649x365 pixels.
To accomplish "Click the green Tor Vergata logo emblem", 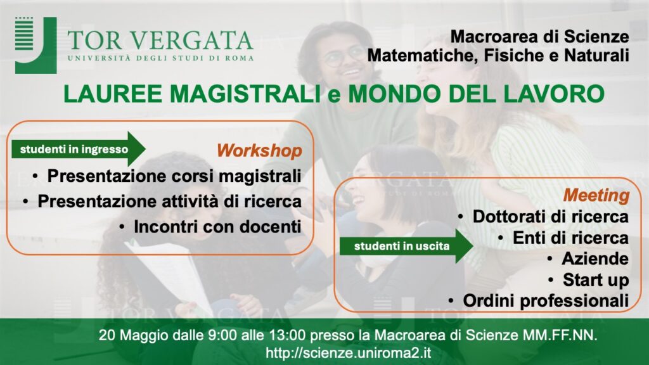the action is [35, 46].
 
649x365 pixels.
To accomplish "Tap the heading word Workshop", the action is [259, 151].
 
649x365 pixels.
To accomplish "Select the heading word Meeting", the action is [596, 195].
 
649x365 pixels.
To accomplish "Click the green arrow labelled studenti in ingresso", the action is [78, 149].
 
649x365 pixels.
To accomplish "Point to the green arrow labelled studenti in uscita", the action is [406, 247].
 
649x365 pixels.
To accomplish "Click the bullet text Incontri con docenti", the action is [217, 227].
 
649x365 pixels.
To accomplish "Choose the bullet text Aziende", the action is [595, 259].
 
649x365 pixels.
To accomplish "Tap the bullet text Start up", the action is [596, 280].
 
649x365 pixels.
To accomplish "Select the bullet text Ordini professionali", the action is [546, 301].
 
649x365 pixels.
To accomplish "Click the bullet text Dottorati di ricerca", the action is [551, 217].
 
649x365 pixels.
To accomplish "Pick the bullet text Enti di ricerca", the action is [571, 238].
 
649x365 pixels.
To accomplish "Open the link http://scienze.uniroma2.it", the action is [349, 353].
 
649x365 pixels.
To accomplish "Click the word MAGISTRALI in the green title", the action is [245, 94].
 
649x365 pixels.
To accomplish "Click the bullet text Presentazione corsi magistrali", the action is [174, 176].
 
